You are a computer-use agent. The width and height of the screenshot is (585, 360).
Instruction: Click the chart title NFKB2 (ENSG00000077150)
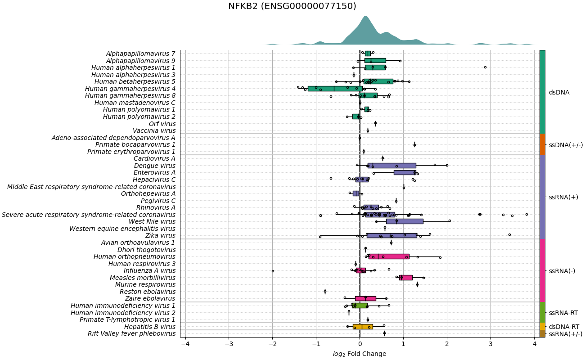point(292,6)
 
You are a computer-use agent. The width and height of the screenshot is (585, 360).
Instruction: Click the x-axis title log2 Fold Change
point(360,354)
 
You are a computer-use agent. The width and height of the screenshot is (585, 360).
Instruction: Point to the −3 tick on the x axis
point(229,344)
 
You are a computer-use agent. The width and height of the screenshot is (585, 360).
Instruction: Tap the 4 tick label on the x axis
point(535,344)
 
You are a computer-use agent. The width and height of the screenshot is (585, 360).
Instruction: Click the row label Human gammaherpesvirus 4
point(130,89)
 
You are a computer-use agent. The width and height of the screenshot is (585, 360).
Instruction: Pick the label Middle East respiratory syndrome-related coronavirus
point(91,187)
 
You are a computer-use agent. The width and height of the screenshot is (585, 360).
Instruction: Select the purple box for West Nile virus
point(405,221)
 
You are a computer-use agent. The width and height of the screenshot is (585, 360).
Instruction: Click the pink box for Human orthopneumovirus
point(389,256)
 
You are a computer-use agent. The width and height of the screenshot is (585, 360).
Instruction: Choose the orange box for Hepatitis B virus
point(363,327)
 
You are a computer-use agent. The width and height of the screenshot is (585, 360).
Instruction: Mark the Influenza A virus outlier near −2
point(273,271)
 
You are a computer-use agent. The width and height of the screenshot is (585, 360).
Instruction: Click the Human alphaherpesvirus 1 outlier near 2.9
point(485,67)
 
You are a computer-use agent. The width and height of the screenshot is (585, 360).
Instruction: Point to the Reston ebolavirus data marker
point(325,292)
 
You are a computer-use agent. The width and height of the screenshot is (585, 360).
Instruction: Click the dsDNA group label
point(559,92)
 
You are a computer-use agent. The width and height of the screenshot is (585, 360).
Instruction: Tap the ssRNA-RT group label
point(563,313)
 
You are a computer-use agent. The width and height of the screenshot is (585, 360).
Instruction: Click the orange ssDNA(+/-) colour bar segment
point(542,144)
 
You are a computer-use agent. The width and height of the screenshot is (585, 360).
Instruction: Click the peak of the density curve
point(365,17)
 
